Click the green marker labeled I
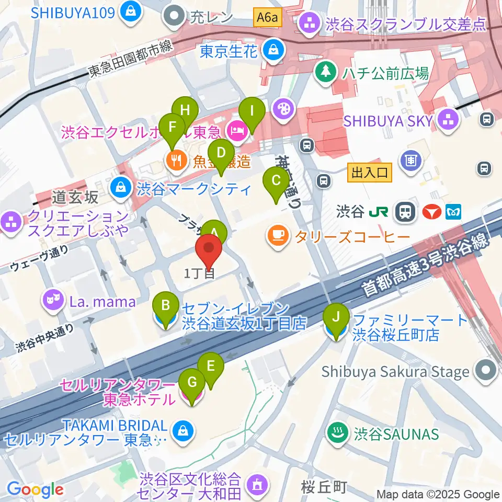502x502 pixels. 252,111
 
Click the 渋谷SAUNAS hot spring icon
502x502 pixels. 335,432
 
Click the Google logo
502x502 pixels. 35,489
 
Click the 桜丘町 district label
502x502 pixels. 323,488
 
